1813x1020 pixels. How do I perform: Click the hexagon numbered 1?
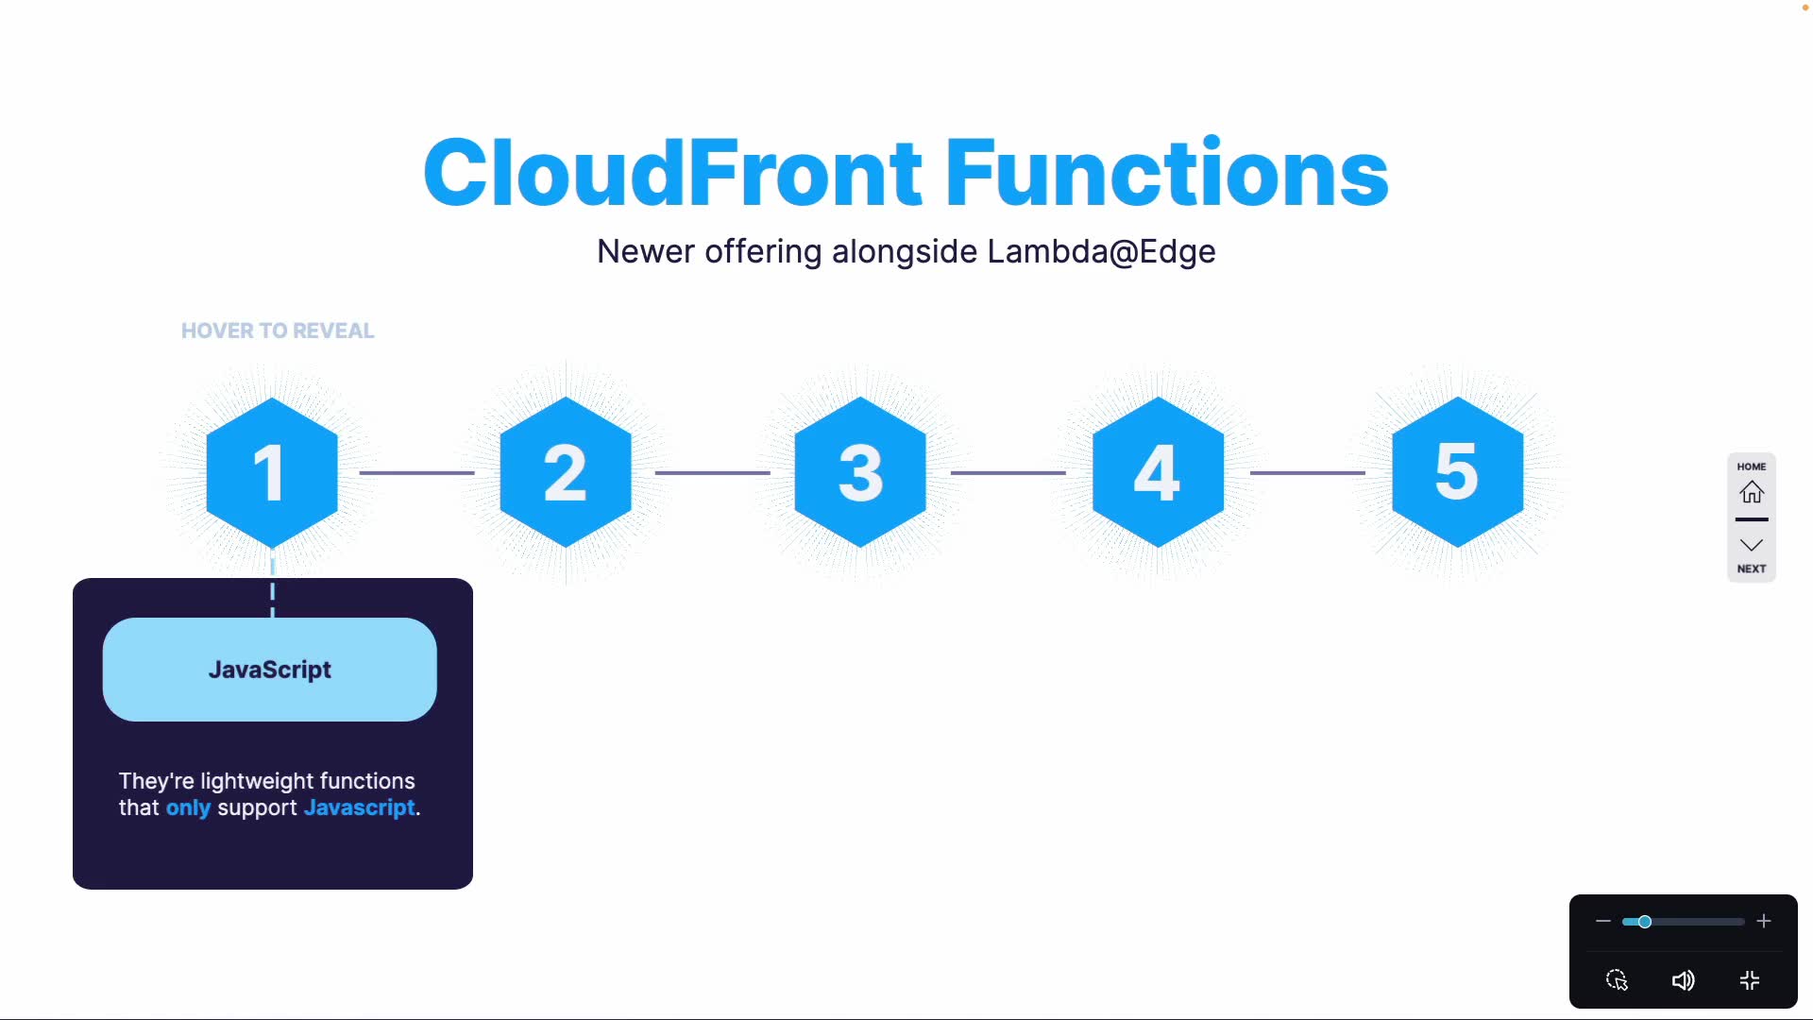272,472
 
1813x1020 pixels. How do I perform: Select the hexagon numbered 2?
566,472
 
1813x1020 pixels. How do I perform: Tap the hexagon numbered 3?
860,472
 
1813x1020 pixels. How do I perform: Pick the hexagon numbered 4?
1158,472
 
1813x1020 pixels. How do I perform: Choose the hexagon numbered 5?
1457,472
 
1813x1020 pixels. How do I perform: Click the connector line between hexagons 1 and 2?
416,472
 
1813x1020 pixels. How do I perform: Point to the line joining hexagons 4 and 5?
1307,472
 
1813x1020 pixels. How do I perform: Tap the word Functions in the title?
1166,173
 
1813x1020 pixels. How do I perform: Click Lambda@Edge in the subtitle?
1101,252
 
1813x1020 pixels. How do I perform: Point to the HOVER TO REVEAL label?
278,331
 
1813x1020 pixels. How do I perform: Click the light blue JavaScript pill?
270,670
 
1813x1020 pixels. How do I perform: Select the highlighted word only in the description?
188,808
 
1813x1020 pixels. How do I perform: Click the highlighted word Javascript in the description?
359,808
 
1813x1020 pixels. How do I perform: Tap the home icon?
1752,492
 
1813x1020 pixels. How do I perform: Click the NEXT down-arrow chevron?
1752,545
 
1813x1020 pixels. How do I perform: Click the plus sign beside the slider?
1764,921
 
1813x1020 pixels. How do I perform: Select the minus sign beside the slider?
1602,921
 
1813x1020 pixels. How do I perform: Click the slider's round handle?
1645,921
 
